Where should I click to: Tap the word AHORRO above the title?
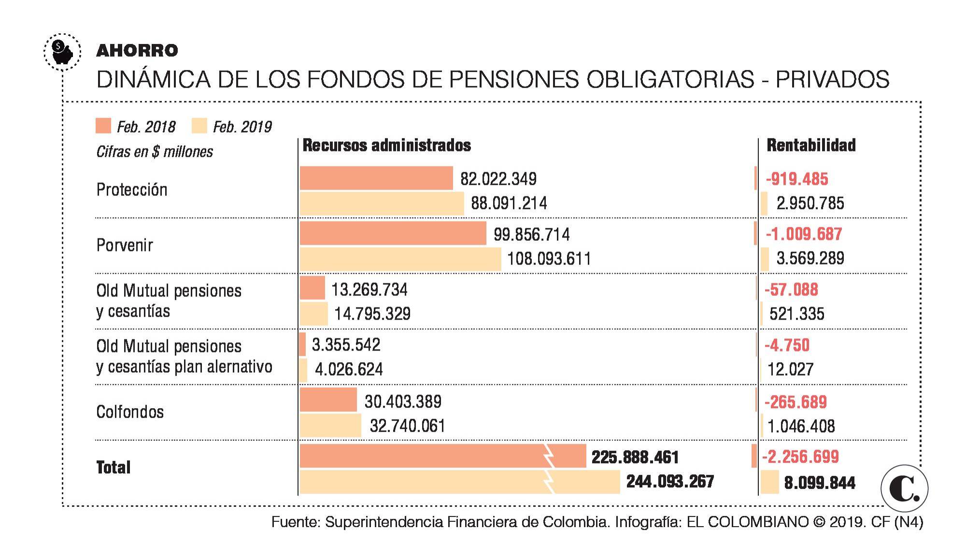[137, 50]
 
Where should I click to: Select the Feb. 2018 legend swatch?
[103, 126]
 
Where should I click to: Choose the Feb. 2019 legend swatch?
[199, 126]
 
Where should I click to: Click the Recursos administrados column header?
[386, 145]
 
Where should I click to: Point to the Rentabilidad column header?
[811, 145]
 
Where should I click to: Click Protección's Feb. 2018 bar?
[376, 178]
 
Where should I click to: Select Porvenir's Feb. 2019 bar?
[400, 259]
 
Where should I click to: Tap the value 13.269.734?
[369, 290]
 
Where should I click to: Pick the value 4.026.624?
[349, 369]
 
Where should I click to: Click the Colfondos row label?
[130, 412]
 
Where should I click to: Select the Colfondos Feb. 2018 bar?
[328, 400]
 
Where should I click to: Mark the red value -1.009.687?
[804, 234]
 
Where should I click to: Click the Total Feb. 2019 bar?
[459, 482]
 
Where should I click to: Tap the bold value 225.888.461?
[635, 457]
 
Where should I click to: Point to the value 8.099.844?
[820, 483]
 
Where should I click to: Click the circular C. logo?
[904, 488]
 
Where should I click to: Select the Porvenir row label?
[125, 245]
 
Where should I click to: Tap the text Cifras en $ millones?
[155, 152]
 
